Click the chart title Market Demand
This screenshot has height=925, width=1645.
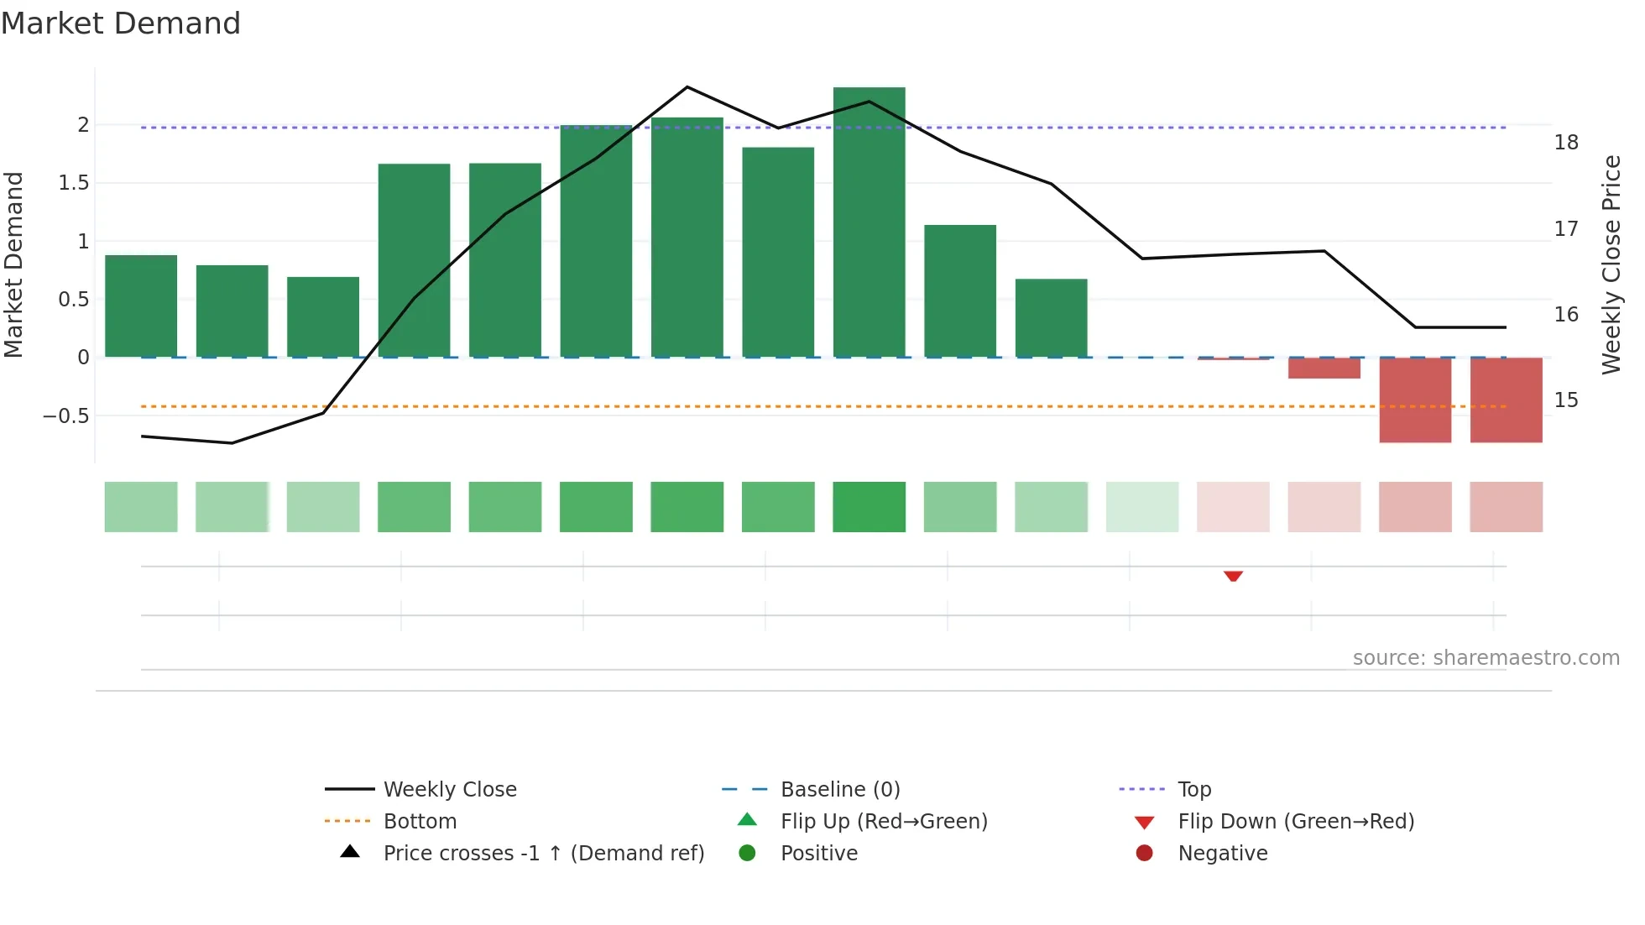tap(121, 24)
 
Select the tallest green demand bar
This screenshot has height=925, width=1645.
tap(869, 222)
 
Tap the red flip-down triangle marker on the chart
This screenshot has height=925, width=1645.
tap(1233, 576)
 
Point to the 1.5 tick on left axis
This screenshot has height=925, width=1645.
tap(74, 183)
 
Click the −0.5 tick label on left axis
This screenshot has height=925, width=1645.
tap(66, 416)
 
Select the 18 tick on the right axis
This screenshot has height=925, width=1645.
tap(1565, 143)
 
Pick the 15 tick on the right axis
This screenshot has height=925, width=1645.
tap(1565, 400)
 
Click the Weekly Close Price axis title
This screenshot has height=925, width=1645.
tap(1611, 264)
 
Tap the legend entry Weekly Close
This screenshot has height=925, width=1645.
tap(449, 790)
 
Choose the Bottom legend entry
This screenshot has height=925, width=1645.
tap(420, 822)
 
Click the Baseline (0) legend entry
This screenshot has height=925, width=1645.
tap(839, 790)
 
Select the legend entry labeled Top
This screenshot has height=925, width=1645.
tap(1193, 790)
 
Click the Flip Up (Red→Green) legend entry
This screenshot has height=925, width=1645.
tap(883, 822)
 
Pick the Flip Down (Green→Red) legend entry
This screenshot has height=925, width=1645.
tap(1295, 822)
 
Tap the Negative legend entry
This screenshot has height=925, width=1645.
tap(1222, 854)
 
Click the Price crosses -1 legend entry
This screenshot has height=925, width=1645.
tap(543, 854)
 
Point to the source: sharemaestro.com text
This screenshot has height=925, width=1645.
tap(1486, 658)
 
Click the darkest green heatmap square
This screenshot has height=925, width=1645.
tap(869, 507)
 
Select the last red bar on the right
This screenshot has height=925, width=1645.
tap(1506, 400)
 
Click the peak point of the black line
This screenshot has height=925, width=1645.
tap(687, 87)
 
